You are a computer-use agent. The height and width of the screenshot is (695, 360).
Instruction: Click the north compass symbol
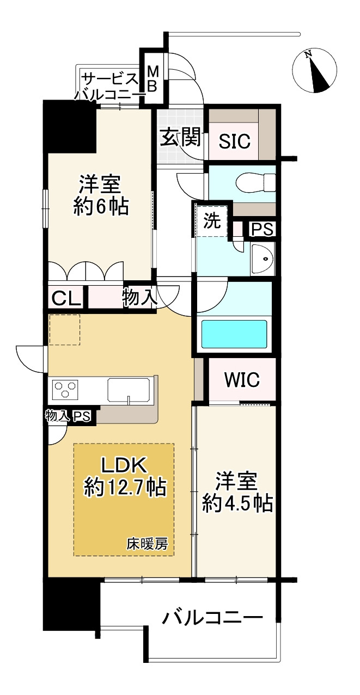pyautogui.click(x=314, y=70)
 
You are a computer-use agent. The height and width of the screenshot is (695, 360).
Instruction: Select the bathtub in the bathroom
pyautogui.click(x=234, y=334)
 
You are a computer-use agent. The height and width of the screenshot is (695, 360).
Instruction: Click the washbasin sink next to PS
pyautogui.click(x=262, y=259)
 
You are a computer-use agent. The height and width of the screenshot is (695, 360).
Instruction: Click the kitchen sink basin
pyautogui.click(x=129, y=389)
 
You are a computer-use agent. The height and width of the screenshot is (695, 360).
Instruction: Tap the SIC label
pyautogui.click(x=234, y=141)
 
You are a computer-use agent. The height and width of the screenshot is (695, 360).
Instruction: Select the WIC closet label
pyautogui.click(x=242, y=379)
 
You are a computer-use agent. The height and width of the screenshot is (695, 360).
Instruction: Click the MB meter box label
pyautogui.click(x=152, y=79)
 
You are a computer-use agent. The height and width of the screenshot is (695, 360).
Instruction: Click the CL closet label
pyautogui.click(x=66, y=299)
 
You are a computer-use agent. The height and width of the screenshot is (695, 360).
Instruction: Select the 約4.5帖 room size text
pyautogui.click(x=237, y=503)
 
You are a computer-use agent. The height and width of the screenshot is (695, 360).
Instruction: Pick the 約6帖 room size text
pyautogui.click(x=101, y=207)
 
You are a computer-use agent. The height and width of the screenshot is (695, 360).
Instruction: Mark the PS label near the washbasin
pyautogui.click(x=262, y=230)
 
